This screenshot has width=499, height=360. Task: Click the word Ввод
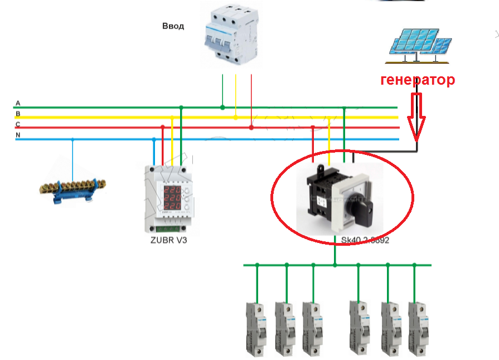point(173,26)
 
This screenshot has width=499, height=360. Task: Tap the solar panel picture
point(420,43)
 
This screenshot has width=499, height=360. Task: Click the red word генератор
point(418,80)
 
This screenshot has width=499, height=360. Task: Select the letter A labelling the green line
point(18,104)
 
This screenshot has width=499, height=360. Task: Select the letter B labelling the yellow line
point(18,114)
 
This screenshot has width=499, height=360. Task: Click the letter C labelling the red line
point(18,124)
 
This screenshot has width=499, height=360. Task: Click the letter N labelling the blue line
point(18,135)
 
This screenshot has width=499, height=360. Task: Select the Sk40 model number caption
point(365,241)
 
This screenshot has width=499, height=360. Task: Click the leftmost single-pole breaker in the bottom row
point(257,329)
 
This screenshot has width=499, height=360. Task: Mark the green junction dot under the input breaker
point(222,107)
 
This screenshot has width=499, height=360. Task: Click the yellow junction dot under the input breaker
point(236,118)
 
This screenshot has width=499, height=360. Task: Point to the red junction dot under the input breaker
point(251,128)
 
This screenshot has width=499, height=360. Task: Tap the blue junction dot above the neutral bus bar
point(73,139)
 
